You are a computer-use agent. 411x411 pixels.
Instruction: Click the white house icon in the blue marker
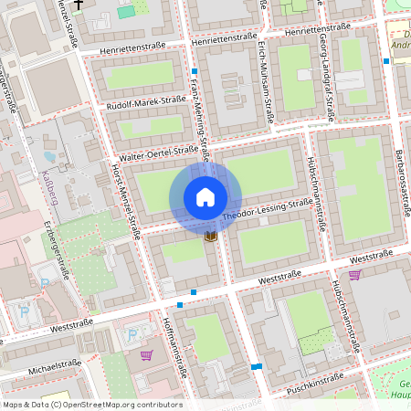pos(205,196)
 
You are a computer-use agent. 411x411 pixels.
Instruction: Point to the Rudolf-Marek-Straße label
pos(146,103)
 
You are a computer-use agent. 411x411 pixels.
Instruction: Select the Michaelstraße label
pos(56,366)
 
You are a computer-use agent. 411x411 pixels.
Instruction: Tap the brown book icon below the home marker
pos(211,237)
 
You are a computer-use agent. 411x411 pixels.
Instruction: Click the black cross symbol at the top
pos(79,5)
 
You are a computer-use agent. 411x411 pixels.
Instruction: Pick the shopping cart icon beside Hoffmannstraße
pos(146,355)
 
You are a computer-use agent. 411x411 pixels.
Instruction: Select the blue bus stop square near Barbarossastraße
pos(386,61)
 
